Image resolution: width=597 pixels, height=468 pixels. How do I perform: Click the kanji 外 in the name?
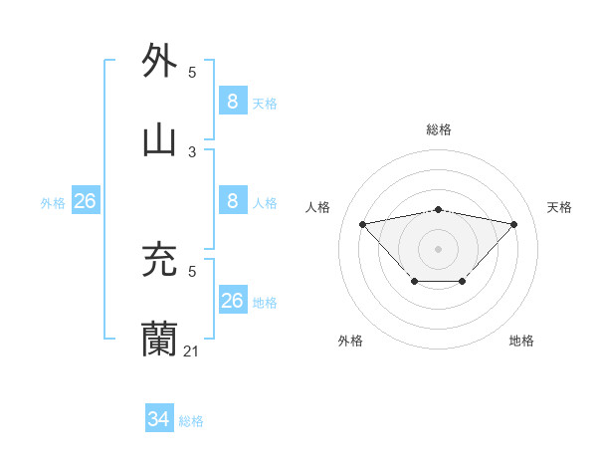(160, 61)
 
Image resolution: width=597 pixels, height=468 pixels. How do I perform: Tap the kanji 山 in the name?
(160, 140)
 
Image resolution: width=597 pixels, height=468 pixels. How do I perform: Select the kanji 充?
(160, 260)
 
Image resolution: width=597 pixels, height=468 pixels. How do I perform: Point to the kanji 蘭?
(160, 340)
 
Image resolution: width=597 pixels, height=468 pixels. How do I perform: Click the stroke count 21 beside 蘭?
(191, 351)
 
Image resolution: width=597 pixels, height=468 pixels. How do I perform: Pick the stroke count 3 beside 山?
(192, 151)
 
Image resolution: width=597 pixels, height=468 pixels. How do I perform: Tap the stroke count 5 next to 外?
(192, 72)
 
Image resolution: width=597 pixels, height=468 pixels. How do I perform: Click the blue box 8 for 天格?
(232, 101)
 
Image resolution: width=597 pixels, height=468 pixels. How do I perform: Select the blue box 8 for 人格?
(232, 200)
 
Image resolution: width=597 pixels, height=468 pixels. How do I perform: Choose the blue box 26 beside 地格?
(232, 300)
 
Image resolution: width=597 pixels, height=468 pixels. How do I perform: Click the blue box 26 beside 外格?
(85, 200)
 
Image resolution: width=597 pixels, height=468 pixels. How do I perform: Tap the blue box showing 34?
(158, 419)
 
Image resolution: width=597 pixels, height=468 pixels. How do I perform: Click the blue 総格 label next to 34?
(191, 421)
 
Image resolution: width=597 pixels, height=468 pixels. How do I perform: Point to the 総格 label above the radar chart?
(439, 129)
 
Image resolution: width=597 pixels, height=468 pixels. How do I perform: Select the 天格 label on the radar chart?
(560, 207)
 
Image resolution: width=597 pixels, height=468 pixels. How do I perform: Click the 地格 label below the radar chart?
(521, 341)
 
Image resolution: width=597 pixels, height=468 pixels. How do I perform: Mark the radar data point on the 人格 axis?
(362, 223)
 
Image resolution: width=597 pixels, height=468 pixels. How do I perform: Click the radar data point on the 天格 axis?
(513, 224)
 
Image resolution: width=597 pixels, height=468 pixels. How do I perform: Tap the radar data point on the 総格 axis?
(438, 209)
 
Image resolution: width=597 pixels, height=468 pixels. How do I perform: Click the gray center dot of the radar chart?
(438, 248)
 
